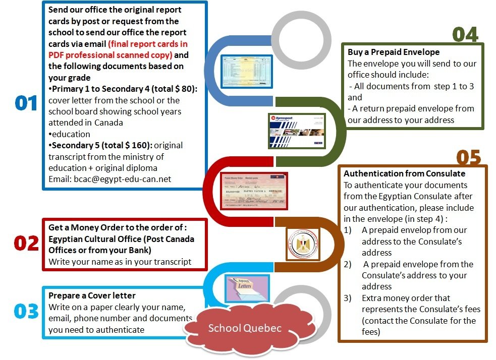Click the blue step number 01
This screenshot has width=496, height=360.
26,103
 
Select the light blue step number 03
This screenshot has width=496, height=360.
26,311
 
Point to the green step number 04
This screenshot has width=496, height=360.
465,34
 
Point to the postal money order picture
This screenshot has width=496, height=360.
254,191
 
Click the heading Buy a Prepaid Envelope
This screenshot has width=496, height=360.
394,52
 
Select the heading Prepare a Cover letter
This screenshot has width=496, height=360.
92,295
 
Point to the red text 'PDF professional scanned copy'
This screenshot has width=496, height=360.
111,54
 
